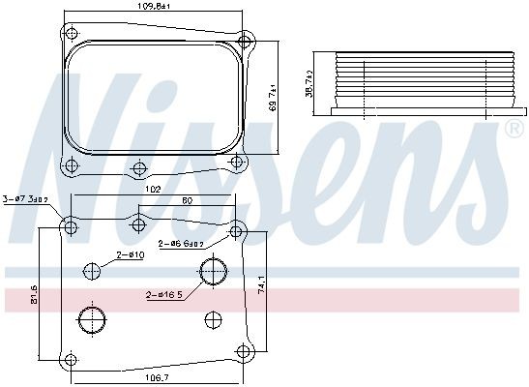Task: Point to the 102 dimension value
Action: pos(152,191)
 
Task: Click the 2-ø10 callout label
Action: pos(131,254)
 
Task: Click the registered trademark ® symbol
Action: pos(511,131)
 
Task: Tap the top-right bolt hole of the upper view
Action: pos(247,41)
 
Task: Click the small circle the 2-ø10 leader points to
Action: pos(93,273)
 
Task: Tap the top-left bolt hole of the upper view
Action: pos(69,33)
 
